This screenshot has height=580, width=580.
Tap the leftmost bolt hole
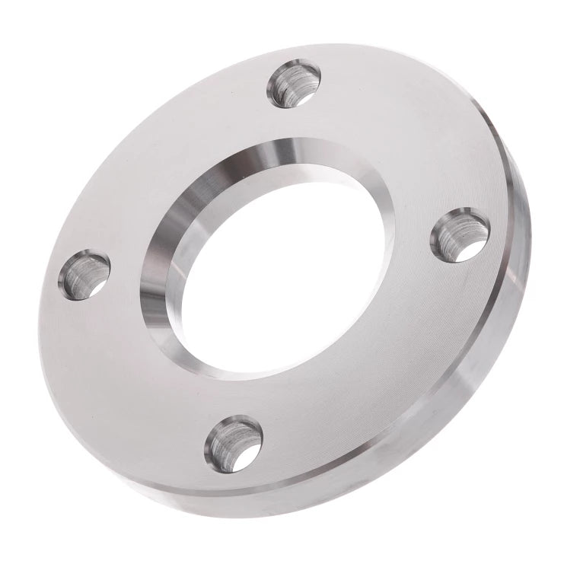coord(84,274)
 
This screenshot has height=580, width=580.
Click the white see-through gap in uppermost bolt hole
coord(307,94)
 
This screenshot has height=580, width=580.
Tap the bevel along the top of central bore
coord(304,152)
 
